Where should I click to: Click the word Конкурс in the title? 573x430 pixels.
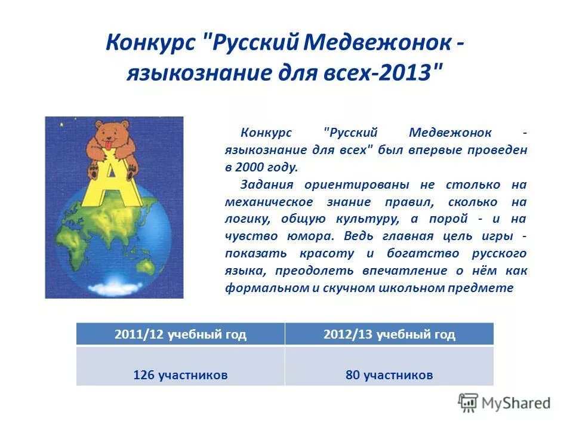coord(150,43)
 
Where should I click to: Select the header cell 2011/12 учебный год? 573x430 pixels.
coord(180,334)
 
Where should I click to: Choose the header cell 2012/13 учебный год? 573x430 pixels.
coord(389,334)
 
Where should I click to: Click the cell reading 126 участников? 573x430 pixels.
coord(180,375)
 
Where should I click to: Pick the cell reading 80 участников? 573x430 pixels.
coord(389,375)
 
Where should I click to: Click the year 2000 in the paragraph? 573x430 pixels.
coord(251,167)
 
